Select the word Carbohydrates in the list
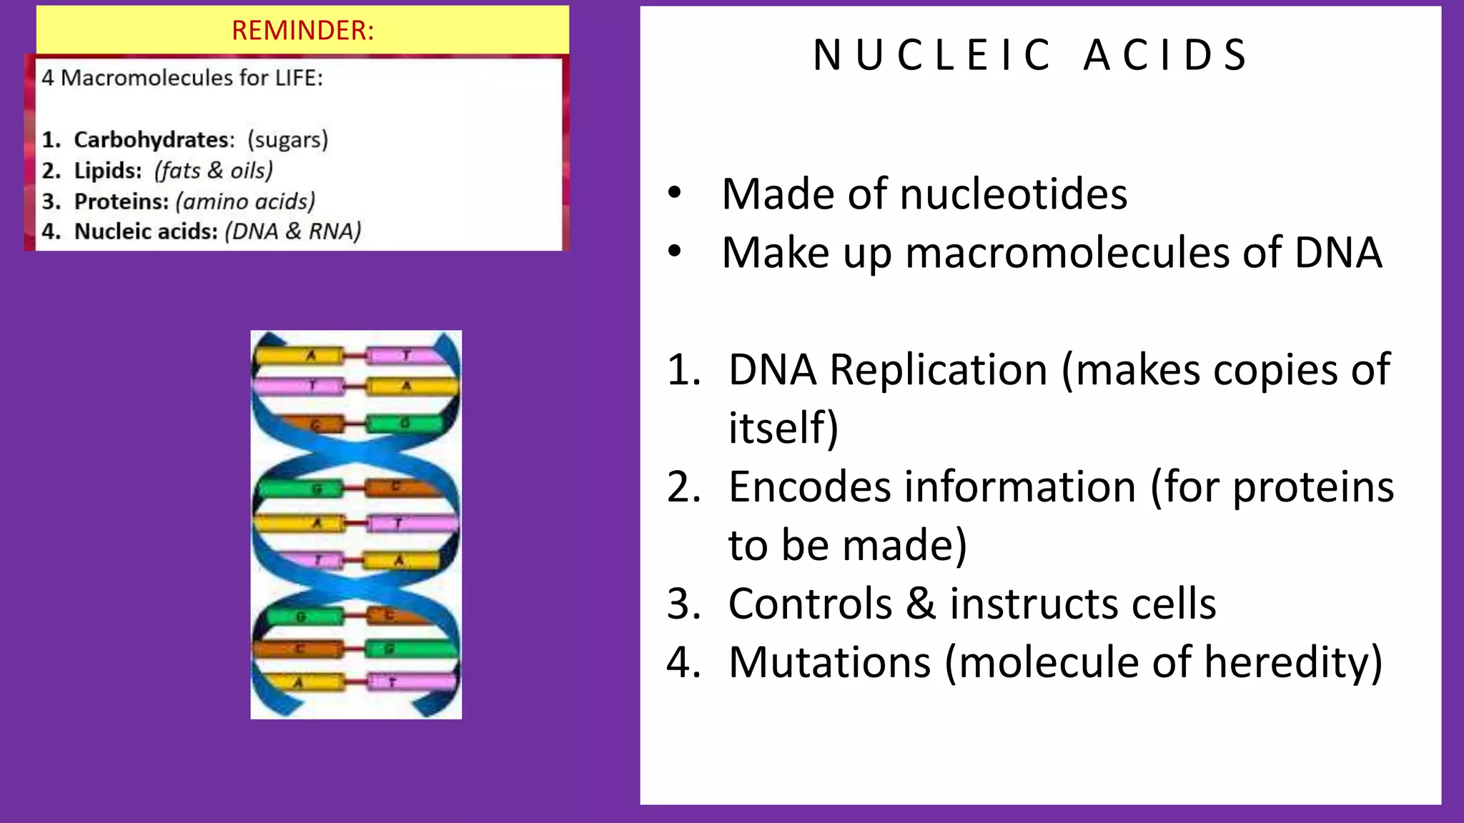[x=154, y=139]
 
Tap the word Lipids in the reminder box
[x=108, y=171]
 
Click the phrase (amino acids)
[x=245, y=201]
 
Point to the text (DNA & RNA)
[x=293, y=231]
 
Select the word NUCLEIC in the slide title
[x=932, y=55]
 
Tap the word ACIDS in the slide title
[x=1165, y=55]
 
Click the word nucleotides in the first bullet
[x=1014, y=194]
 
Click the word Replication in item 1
[x=939, y=370]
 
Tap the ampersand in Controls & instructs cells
[x=921, y=604]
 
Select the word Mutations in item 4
[x=829, y=662]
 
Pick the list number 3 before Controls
[x=683, y=604]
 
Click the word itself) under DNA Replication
[x=783, y=429]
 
